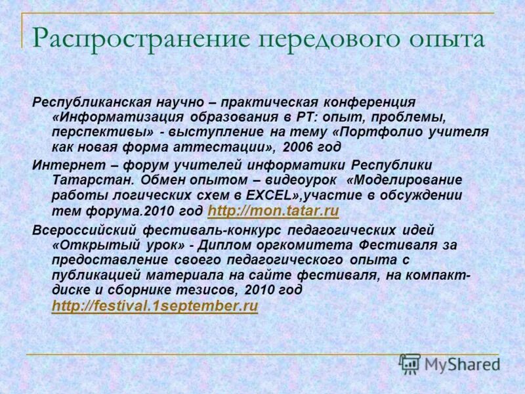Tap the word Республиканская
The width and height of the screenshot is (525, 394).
click(x=93, y=102)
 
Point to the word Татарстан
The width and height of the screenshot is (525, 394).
click(x=85, y=179)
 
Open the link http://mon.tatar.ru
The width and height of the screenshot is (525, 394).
click(x=272, y=211)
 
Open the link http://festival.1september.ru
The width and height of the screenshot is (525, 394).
click(x=154, y=306)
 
